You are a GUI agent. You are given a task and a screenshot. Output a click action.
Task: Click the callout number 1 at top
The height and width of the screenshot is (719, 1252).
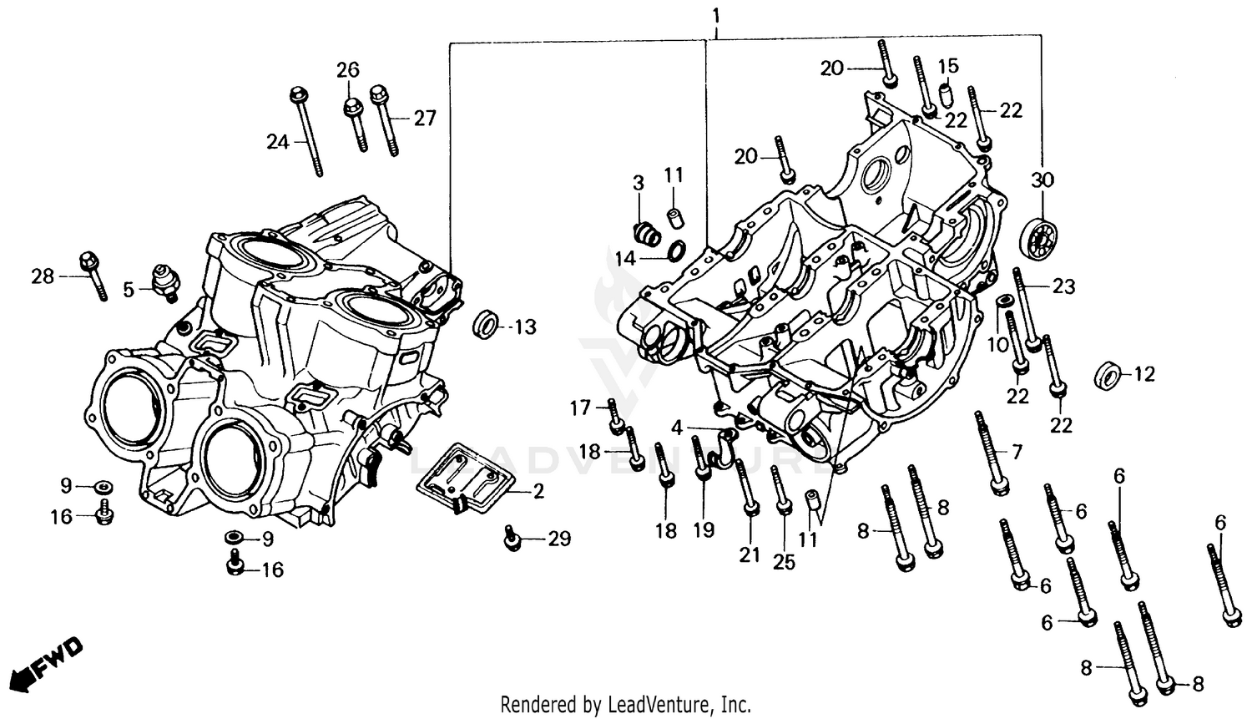[x=715, y=16]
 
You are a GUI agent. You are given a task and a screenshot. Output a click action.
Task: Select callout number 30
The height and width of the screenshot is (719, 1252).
[x=1042, y=180]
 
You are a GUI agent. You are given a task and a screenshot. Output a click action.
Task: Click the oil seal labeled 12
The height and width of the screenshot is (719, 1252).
[x=1108, y=375]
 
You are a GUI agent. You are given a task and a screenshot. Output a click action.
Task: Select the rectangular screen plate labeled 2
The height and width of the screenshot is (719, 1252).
[x=464, y=478]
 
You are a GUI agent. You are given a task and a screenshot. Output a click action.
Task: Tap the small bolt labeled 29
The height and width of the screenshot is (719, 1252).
[x=512, y=539]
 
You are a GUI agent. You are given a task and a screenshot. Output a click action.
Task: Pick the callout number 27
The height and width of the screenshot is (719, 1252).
[x=425, y=119]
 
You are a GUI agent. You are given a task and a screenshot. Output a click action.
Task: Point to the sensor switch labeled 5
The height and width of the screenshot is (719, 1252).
[x=162, y=281]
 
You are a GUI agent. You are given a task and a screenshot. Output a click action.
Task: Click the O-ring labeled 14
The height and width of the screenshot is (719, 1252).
[x=677, y=248]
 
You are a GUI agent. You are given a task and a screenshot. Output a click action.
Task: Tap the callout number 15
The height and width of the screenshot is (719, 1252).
[x=947, y=66]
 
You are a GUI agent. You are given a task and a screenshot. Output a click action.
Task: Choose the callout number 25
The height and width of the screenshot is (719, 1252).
[x=784, y=562]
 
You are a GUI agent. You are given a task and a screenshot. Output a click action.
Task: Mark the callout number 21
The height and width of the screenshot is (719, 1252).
[x=750, y=554]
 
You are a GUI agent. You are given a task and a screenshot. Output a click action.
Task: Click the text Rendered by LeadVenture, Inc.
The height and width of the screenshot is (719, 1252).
[x=625, y=703]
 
